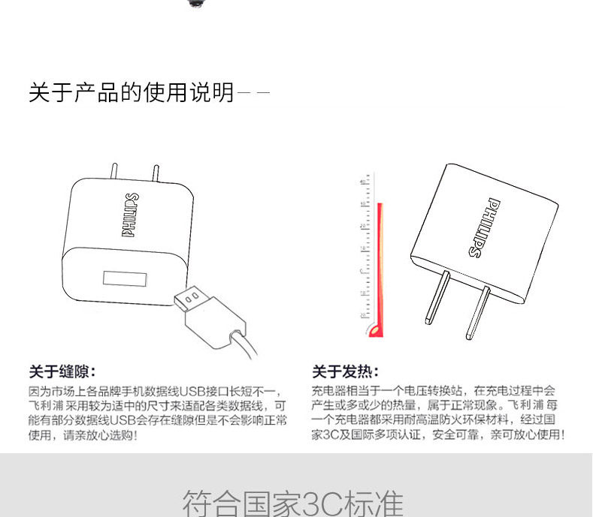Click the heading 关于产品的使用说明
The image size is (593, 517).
point(131,93)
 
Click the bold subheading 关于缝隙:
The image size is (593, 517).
point(62,371)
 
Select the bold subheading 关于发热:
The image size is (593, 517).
point(345,371)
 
